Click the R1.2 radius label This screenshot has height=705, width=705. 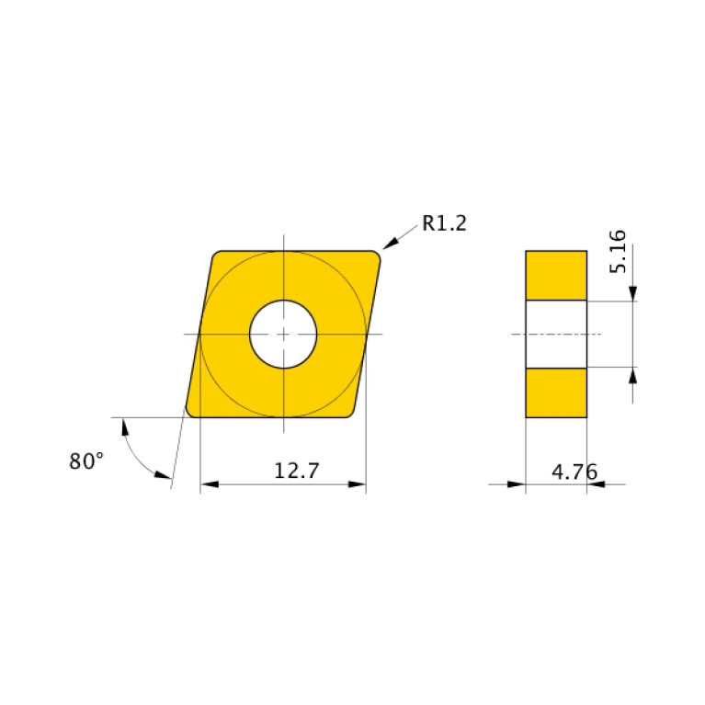click(444, 222)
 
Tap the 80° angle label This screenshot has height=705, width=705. click(86, 461)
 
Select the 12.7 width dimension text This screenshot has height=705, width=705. click(296, 471)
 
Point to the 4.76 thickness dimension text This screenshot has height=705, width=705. click(574, 472)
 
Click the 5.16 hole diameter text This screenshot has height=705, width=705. click(618, 251)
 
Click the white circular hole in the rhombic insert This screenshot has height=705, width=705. click(283, 334)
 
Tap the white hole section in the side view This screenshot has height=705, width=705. click(555, 334)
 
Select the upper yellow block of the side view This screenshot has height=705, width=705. click(555, 275)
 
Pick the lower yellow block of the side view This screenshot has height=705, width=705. click(555, 392)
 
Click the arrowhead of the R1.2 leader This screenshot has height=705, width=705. click(390, 243)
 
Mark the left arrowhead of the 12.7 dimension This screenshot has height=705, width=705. click(208, 484)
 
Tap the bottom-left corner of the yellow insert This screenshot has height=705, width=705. click(191, 412)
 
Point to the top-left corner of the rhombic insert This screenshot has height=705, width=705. click(217, 256)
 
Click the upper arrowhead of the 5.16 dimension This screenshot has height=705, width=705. click(633, 292)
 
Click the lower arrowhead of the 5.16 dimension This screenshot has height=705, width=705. click(633, 375)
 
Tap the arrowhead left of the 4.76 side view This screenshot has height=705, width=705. click(517, 484)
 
